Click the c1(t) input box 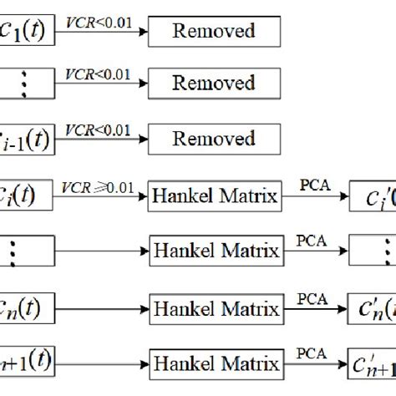point(25,33)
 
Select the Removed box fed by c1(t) point(213,32)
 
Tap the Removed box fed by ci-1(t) point(213,135)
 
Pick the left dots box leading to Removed point(25,84)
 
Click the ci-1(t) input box point(25,136)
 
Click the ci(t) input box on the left point(25,198)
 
